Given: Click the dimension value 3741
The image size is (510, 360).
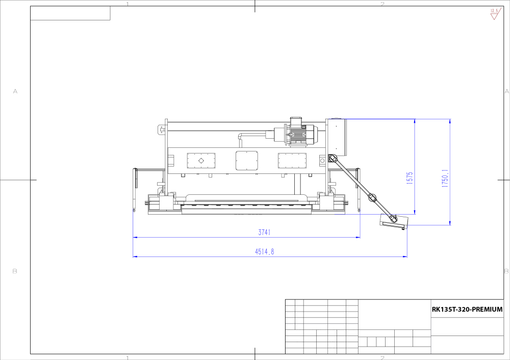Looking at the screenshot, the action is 264,232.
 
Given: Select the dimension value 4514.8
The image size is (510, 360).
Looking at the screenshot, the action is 264,252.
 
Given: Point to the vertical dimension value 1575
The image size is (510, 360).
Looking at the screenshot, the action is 410,178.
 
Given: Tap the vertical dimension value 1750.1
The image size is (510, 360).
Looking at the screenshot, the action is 445,178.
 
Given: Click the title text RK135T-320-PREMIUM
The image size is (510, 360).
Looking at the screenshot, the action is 467,310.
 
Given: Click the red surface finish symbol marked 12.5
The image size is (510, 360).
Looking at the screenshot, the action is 495,14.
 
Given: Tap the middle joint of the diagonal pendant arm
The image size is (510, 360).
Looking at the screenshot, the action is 372,197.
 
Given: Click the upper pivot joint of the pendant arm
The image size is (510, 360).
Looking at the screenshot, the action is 333,159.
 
